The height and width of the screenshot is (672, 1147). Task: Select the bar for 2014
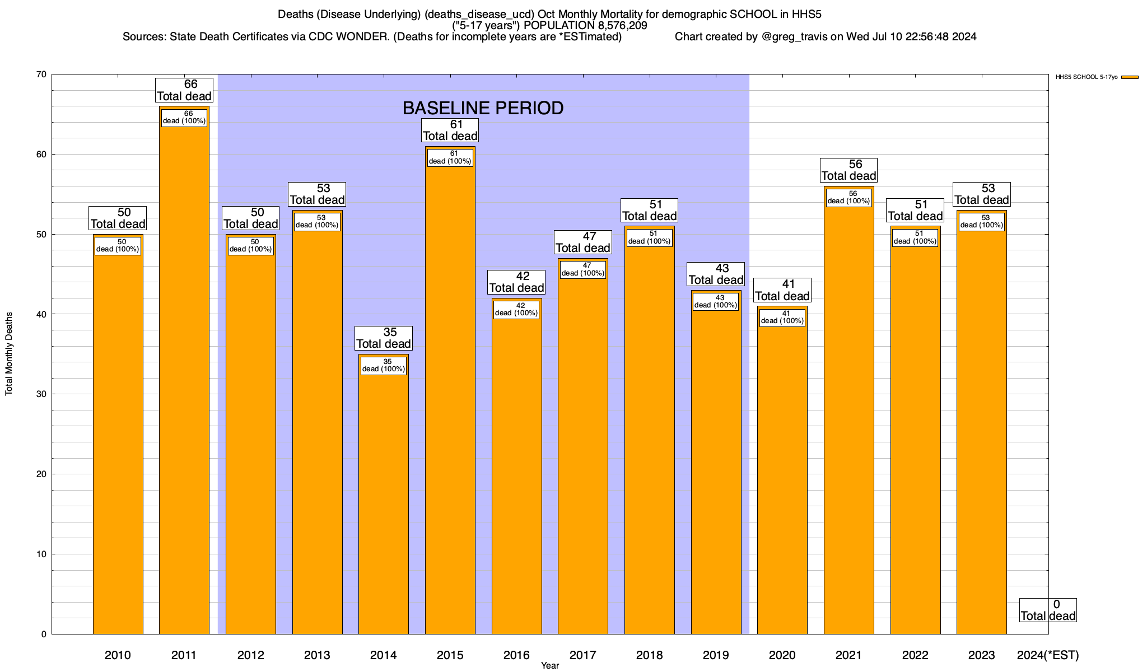(384, 504)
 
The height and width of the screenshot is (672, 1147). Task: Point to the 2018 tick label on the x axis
(649, 655)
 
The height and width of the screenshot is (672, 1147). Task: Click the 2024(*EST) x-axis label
(1047, 655)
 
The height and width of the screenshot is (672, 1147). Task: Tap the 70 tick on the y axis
(41, 74)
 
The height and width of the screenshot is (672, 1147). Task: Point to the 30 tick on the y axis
(41, 394)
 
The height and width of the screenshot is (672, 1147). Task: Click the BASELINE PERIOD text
(483, 108)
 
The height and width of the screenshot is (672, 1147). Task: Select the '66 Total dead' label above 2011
(184, 90)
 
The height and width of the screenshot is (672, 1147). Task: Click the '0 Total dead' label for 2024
(1048, 610)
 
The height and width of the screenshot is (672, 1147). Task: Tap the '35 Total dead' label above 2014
(384, 338)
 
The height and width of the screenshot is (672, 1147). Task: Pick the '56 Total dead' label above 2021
(849, 170)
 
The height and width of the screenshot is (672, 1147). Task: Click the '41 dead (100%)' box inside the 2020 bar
(782, 318)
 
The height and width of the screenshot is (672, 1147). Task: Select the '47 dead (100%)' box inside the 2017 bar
(583, 269)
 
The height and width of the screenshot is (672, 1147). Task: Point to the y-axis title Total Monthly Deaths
(9, 354)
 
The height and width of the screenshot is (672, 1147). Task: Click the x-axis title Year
(550, 666)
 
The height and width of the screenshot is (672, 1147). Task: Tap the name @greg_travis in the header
(795, 37)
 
